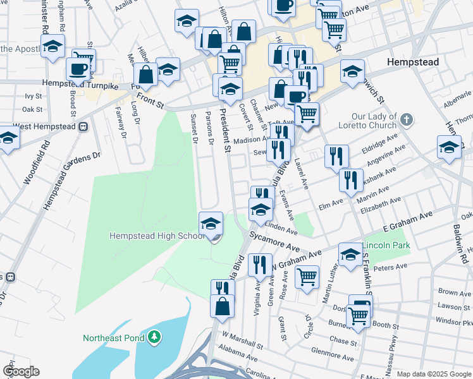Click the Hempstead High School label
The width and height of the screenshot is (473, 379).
click(156, 236)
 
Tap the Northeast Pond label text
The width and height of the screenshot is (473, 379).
click(114, 338)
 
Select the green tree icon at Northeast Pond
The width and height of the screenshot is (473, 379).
click(154, 338)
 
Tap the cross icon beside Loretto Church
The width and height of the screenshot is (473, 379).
click(407, 118)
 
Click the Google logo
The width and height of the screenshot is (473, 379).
click(21, 371)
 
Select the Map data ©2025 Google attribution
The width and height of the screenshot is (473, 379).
click(433, 374)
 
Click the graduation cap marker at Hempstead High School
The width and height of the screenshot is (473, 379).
click(211, 223)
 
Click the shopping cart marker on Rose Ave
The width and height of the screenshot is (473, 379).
click(307, 276)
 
